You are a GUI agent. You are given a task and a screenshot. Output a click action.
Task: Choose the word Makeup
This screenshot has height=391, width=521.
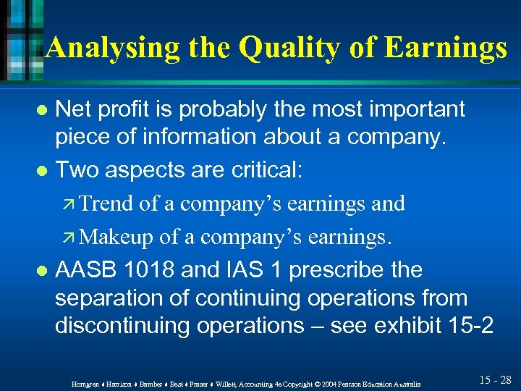coord(117,237)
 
